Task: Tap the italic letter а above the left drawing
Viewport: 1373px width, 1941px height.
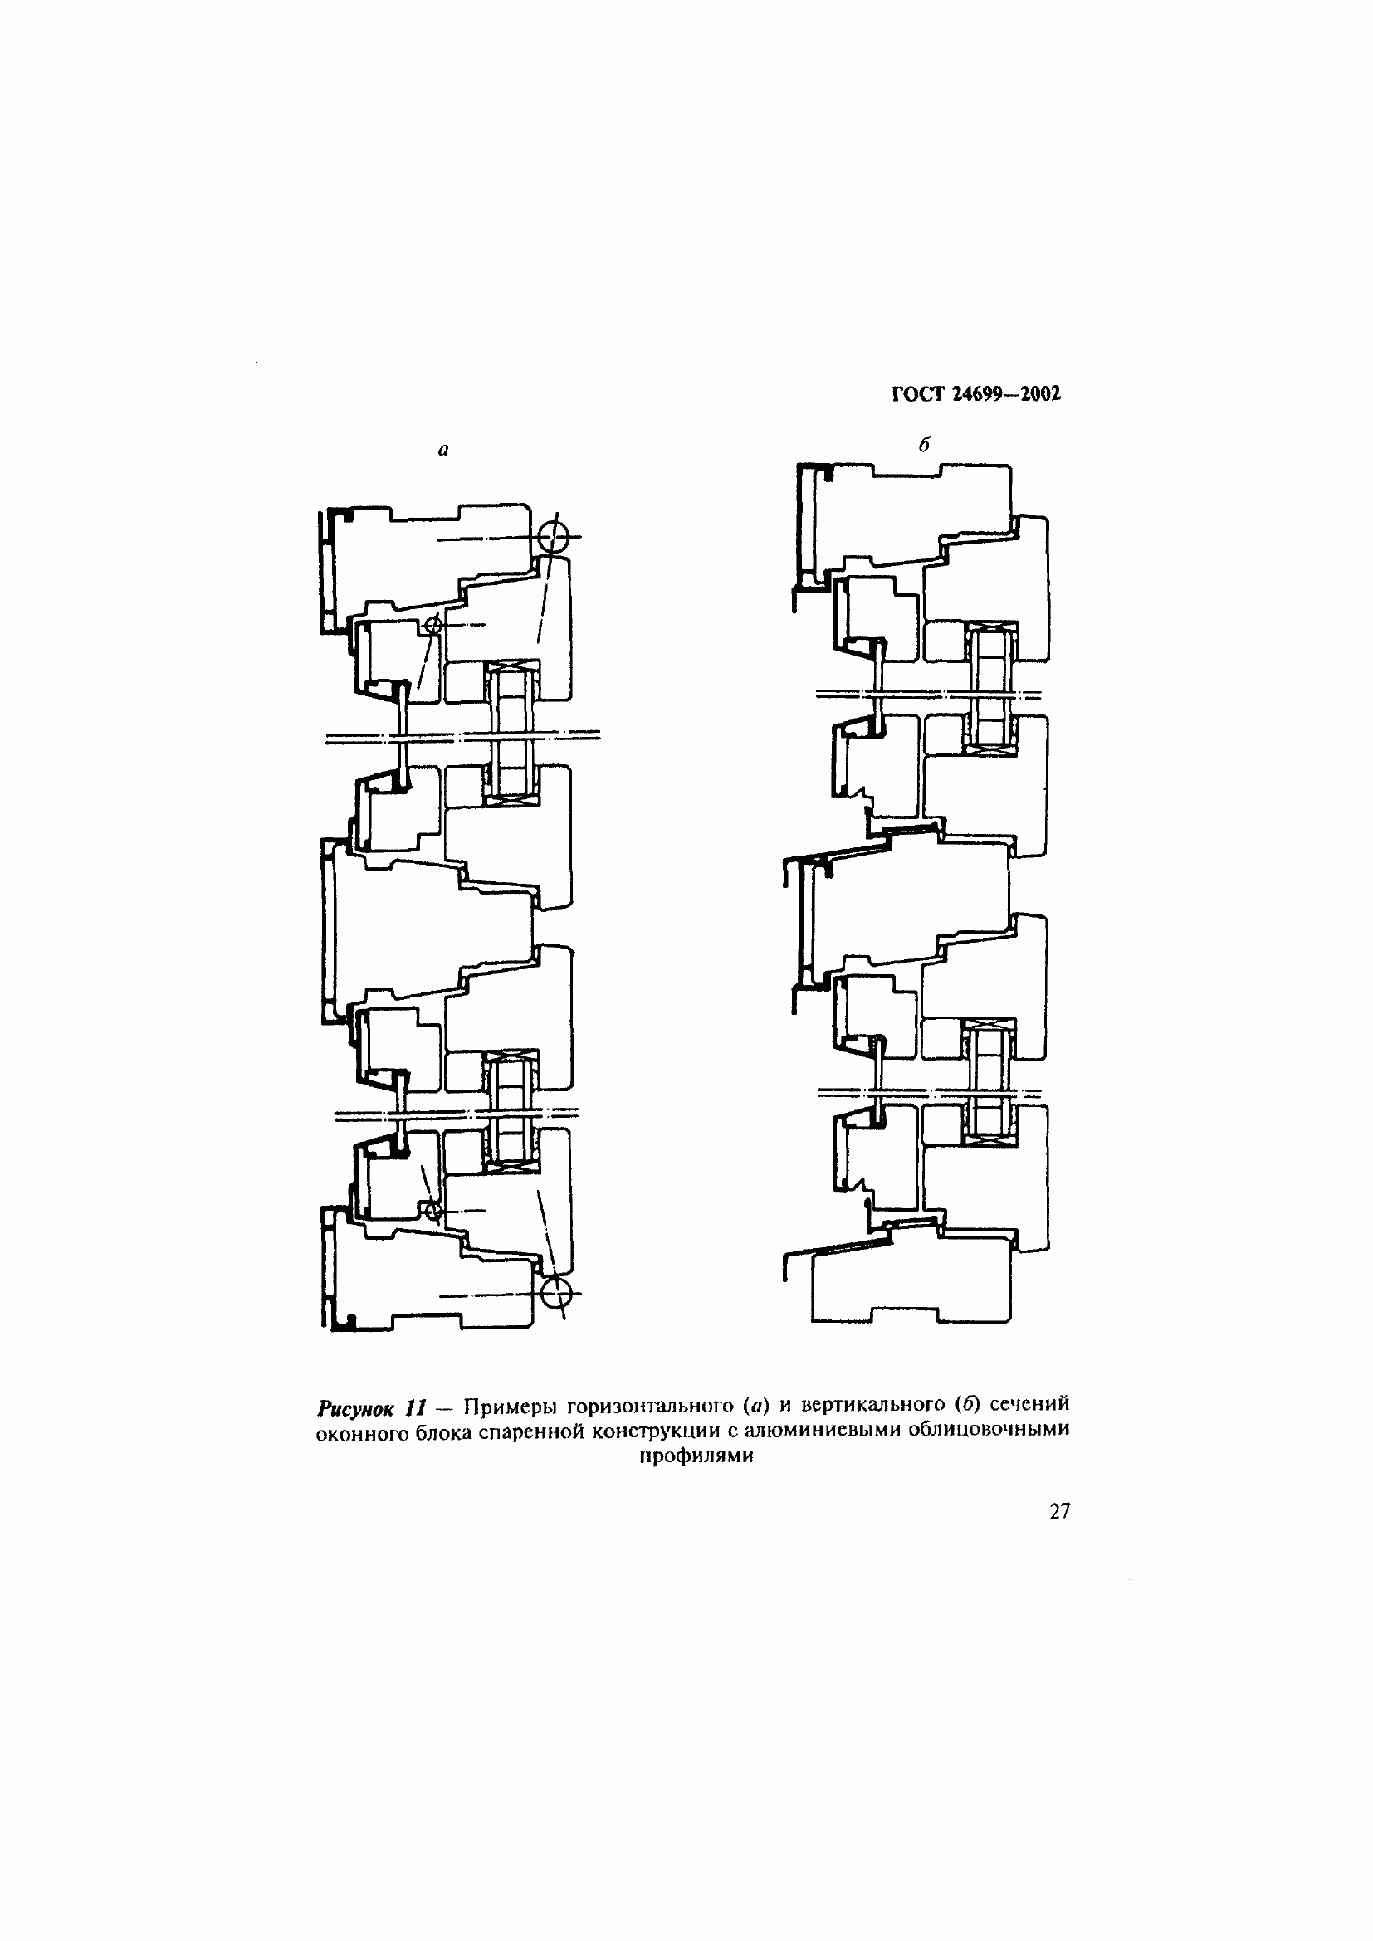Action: tap(443, 451)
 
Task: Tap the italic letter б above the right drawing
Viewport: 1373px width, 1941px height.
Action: tap(924, 446)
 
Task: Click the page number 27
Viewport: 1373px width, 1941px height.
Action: tap(1059, 1511)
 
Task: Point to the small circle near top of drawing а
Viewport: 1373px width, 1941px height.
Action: tap(432, 626)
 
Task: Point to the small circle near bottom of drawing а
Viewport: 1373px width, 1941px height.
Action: tap(432, 1212)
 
